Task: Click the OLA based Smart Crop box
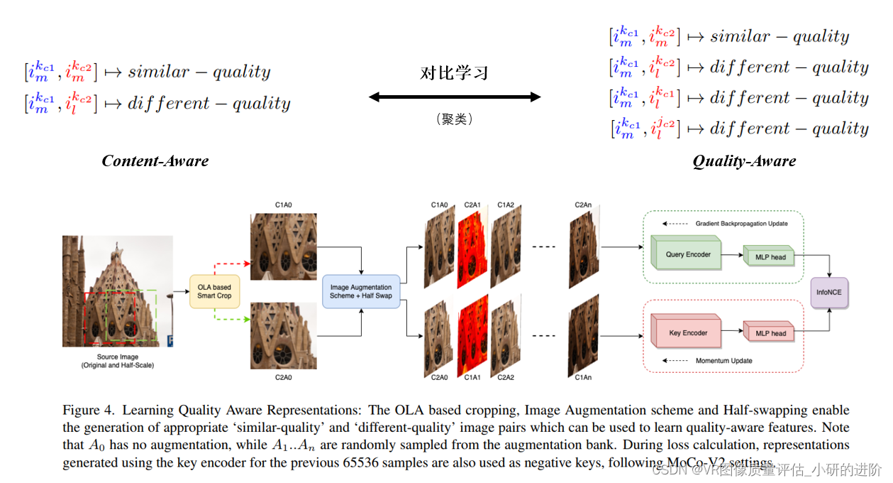214,291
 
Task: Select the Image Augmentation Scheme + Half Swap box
361,291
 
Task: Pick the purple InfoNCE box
829,292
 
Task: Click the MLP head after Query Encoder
769,256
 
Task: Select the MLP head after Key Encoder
769,333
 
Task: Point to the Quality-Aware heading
744,161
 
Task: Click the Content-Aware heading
155,161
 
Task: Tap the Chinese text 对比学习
454,73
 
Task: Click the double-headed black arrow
454,97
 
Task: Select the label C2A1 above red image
472,205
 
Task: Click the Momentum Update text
723,361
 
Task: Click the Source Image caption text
118,361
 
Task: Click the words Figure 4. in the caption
88,411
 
